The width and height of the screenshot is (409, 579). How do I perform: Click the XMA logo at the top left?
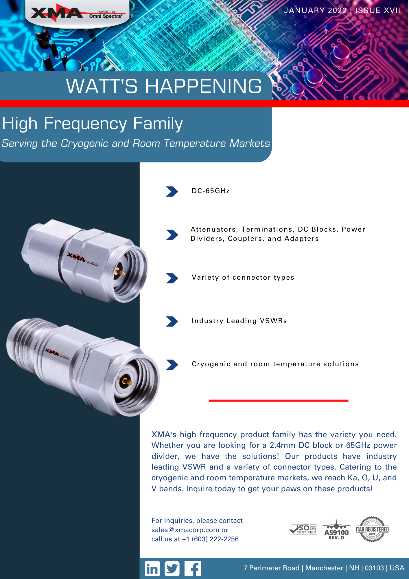(x=77, y=13)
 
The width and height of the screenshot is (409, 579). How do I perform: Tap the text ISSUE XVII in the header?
(x=377, y=10)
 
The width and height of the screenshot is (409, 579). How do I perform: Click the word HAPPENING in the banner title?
(x=203, y=86)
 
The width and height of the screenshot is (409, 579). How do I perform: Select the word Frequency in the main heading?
(x=85, y=124)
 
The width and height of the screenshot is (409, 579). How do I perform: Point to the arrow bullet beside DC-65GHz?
(x=172, y=191)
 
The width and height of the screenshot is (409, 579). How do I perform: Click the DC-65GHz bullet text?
(x=211, y=191)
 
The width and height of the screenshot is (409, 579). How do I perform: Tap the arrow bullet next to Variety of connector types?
(x=172, y=278)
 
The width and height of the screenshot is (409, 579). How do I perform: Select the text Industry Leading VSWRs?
(x=239, y=321)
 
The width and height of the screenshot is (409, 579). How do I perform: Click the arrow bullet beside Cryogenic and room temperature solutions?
(x=172, y=365)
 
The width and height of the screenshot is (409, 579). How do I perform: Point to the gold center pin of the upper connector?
(x=119, y=272)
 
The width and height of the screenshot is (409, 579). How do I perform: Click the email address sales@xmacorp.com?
(x=185, y=530)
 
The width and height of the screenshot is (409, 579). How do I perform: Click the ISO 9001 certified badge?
(x=303, y=529)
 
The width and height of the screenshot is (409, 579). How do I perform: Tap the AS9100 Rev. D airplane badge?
(x=336, y=529)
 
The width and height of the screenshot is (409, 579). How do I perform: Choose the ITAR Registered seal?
(x=372, y=529)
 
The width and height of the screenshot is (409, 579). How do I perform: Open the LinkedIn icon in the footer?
(x=152, y=569)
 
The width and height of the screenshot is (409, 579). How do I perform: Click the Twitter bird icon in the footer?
(x=172, y=569)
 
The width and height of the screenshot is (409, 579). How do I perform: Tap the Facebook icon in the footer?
(x=192, y=569)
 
